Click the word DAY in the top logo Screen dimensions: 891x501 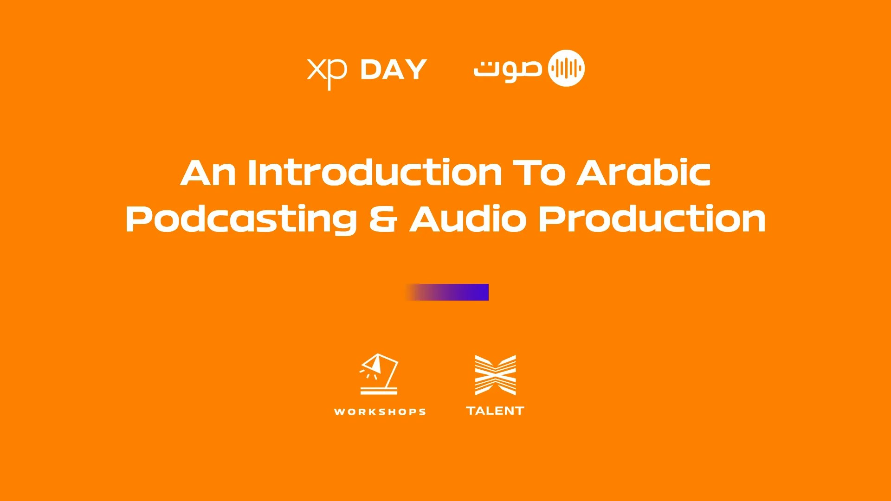click(394, 70)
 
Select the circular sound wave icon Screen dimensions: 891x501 click(566, 68)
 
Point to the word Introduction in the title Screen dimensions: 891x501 click(375, 173)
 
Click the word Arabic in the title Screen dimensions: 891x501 click(644, 173)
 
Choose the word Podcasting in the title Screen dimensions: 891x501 click(241, 220)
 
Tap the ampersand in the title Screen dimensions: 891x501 click(383, 219)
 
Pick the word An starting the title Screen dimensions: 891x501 click(207, 173)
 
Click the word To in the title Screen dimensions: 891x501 click(539, 173)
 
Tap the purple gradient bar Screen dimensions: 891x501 click(447, 292)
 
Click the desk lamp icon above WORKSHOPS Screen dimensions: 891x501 click(379, 374)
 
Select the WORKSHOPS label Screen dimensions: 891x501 click(380, 411)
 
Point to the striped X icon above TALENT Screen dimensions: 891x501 click(495, 375)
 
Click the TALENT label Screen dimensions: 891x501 click(495, 411)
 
